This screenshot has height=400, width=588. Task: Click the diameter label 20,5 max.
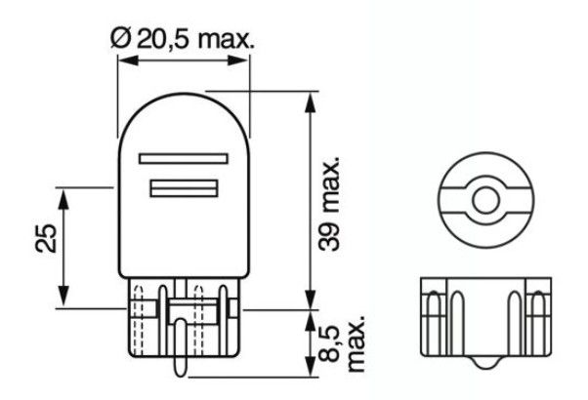click(x=195, y=39)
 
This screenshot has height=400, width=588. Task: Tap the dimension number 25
click(x=46, y=238)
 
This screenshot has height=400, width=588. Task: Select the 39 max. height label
click(x=328, y=204)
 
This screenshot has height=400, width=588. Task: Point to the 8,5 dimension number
click(x=329, y=343)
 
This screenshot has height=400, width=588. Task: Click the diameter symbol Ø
click(x=120, y=39)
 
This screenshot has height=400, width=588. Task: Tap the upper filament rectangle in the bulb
click(x=184, y=158)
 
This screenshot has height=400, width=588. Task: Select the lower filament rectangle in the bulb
click(x=184, y=188)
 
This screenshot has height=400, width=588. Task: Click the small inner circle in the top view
click(x=485, y=200)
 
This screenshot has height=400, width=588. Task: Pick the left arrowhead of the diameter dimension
click(x=128, y=60)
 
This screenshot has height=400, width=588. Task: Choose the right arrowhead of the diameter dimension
click(x=237, y=60)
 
